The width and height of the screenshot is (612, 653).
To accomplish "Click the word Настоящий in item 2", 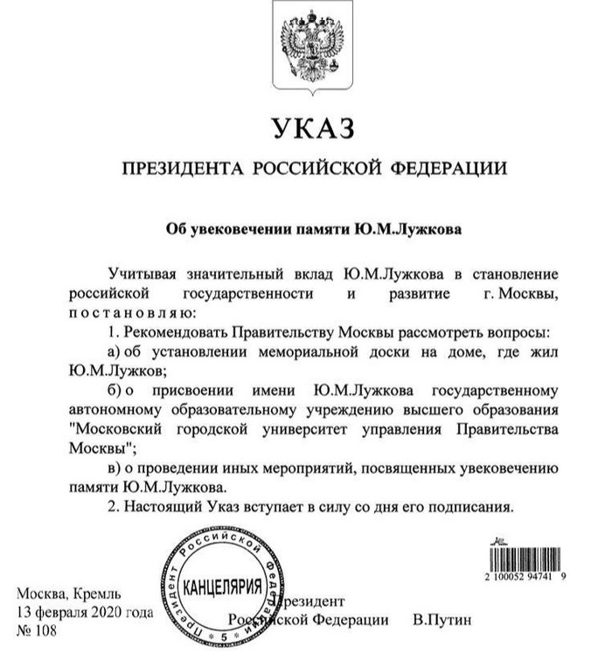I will coord(161,506).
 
